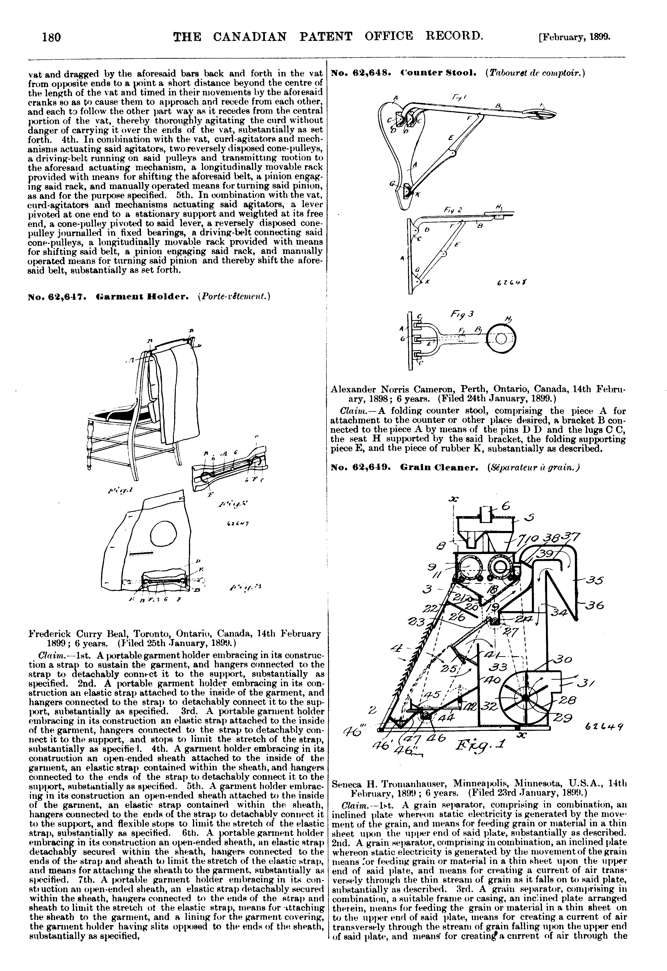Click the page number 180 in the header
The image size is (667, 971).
(51, 38)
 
